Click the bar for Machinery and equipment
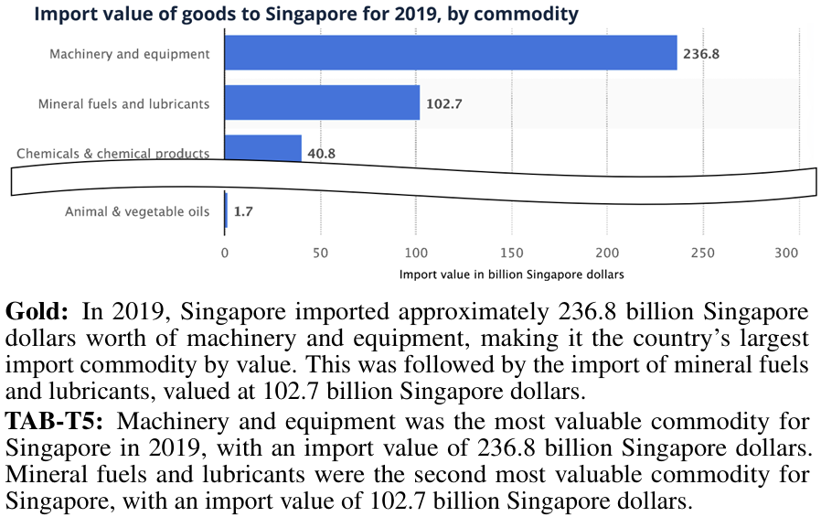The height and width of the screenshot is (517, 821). click(450, 53)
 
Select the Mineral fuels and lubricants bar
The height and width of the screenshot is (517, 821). click(322, 102)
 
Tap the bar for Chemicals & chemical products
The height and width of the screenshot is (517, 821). click(262, 148)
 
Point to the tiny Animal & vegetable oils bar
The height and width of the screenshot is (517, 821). click(226, 211)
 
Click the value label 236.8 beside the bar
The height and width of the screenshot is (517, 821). click(701, 54)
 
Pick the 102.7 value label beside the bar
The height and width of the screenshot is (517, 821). click(444, 103)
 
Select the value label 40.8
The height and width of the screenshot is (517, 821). click(321, 154)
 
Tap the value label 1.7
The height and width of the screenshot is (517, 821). click(242, 212)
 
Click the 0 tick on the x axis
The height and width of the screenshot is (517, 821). click(225, 253)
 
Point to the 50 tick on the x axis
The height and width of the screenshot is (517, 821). click(320, 253)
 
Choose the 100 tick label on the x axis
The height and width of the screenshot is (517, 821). click(416, 253)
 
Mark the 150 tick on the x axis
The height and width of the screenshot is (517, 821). click(512, 253)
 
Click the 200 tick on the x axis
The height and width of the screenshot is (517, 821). click(607, 253)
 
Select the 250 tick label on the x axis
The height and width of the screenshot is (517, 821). click(703, 253)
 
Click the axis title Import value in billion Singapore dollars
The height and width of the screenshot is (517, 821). click(511, 275)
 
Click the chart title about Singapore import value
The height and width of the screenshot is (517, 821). click(306, 14)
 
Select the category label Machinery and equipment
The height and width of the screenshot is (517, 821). click(130, 54)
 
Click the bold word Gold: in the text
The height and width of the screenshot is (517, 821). click(37, 310)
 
